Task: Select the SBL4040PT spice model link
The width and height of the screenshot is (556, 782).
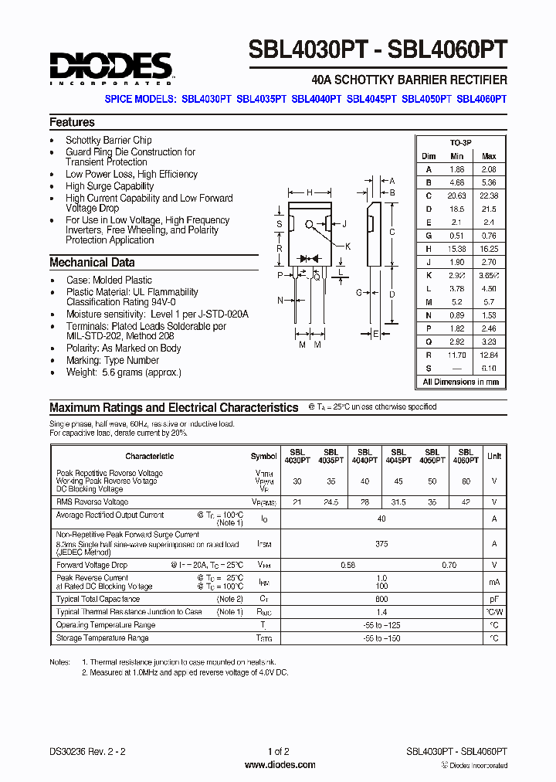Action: coord(317,99)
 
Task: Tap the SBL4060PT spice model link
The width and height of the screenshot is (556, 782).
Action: coord(481,99)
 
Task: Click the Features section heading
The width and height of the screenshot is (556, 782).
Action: coord(72,122)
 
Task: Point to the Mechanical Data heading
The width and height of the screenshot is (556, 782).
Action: coord(92,262)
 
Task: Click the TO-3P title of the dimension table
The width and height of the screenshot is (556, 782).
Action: coord(461,144)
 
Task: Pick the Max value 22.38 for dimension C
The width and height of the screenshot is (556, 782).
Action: coord(488,196)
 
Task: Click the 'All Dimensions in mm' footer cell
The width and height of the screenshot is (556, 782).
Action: coord(461,382)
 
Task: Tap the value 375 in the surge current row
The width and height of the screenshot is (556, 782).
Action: coord(381,543)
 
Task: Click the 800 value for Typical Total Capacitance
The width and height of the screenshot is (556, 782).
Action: coord(381,599)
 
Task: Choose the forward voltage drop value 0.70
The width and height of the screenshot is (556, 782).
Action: coord(449,566)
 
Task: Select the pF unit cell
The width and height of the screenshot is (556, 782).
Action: coord(493,599)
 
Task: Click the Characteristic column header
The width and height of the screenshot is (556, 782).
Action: coord(150,456)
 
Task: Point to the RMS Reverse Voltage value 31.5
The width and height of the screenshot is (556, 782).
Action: coord(398,502)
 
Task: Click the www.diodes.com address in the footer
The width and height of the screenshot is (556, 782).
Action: coord(280,765)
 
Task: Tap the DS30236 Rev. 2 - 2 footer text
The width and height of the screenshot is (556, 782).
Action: coord(86,751)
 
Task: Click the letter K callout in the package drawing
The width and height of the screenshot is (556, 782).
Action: coord(347,246)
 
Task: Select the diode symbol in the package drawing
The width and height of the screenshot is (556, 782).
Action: coord(313,257)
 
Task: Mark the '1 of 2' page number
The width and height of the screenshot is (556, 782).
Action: coord(279,751)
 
